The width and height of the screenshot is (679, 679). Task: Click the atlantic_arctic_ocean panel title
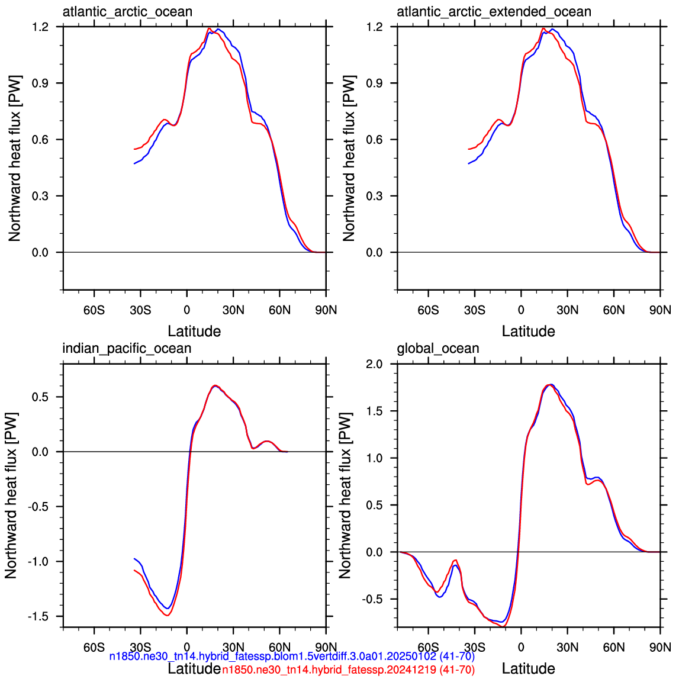127,12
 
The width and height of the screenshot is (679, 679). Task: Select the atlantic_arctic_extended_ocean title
494,12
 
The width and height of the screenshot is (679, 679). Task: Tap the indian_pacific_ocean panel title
127,349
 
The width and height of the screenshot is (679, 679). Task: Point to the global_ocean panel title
438,349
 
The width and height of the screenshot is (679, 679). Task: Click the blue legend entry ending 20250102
292,657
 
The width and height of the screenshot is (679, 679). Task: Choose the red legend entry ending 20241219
349,670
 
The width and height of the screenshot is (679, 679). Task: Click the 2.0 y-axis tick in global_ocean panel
375,363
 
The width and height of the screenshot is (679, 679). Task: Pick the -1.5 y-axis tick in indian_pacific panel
38,616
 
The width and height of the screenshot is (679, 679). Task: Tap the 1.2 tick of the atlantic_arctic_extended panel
375,27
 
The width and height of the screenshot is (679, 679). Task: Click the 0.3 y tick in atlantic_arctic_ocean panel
40,196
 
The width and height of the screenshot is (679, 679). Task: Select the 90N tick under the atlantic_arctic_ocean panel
326,310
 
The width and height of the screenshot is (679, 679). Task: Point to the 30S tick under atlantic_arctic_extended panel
475,310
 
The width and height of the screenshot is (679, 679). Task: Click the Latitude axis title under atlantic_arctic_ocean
194,332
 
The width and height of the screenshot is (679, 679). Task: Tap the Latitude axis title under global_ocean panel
528,668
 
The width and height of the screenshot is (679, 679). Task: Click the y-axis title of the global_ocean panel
345,495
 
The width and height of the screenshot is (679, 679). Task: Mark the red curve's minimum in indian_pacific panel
168,615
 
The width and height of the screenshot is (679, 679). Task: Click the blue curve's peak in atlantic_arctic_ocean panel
218,30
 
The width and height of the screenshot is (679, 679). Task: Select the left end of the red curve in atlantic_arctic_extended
468,149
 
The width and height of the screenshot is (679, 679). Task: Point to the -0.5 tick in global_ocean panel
372,599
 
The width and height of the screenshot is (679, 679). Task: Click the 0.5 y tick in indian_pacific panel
40,397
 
